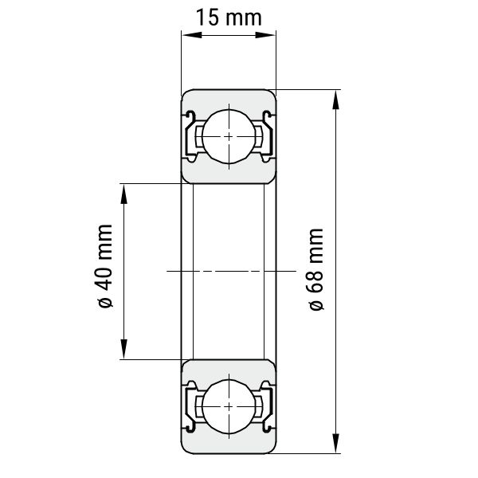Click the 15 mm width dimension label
(x=229, y=18)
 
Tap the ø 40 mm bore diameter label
(x=105, y=266)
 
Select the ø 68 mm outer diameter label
(x=316, y=269)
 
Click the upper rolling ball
(x=229, y=136)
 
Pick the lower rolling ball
(x=229, y=406)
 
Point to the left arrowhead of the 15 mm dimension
(x=192, y=35)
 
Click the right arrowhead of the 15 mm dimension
(x=265, y=35)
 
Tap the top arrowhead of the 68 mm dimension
(x=335, y=100)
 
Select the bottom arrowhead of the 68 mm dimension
(x=335, y=444)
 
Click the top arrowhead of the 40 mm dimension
(x=123, y=194)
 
